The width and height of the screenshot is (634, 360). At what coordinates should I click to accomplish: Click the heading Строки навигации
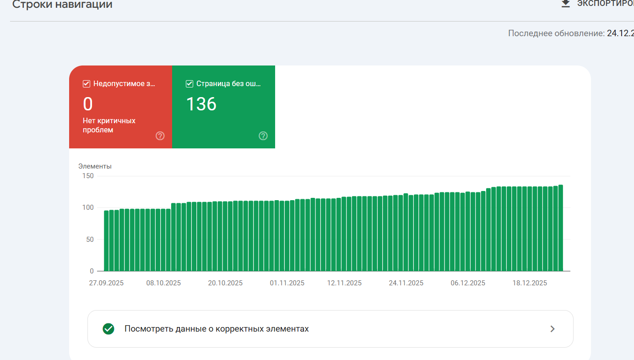(x=62, y=5)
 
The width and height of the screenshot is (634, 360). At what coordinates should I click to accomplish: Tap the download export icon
(x=566, y=4)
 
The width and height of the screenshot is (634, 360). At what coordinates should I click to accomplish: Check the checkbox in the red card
(x=86, y=84)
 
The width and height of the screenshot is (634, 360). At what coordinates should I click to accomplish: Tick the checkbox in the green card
(x=189, y=84)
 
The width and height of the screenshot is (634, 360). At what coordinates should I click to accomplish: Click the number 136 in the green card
(x=201, y=104)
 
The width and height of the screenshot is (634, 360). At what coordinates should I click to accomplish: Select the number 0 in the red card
(x=88, y=104)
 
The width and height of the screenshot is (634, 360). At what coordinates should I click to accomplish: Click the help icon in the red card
(x=160, y=136)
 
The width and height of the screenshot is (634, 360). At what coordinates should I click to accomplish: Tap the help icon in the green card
(x=263, y=136)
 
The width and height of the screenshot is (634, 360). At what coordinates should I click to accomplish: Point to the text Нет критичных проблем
(x=109, y=125)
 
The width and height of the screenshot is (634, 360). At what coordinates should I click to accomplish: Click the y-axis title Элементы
(x=95, y=166)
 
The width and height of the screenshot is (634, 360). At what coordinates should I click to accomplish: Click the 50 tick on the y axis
(x=89, y=240)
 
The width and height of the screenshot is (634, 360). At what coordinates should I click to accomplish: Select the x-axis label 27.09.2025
(x=106, y=283)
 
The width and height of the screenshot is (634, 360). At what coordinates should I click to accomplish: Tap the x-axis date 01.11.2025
(x=287, y=283)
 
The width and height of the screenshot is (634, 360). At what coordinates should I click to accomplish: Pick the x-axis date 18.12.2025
(x=530, y=283)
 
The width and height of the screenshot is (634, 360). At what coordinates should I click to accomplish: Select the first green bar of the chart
(x=106, y=240)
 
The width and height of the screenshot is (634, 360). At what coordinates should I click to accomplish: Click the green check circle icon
(x=108, y=329)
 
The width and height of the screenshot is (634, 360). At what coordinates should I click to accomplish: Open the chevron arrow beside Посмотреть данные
(x=553, y=329)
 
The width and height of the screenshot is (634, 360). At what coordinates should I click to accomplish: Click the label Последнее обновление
(x=556, y=33)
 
